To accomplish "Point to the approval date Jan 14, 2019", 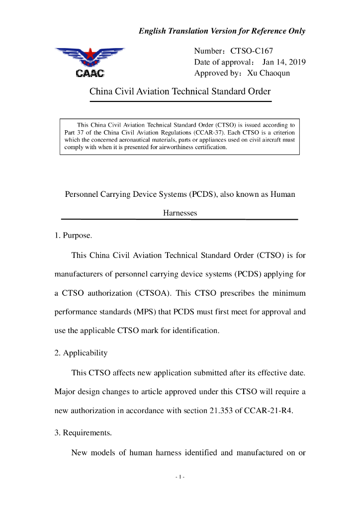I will pyautogui.click(x=284, y=62).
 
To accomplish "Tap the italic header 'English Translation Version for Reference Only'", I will pyautogui.click(x=222, y=31).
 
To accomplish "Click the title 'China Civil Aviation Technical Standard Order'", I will pyautogui.click(x=180, y=91).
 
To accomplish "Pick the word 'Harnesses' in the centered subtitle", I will pyautogui.click(x=180, y=213).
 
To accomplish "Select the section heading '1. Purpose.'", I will pyautogui.click(x=73, y=236).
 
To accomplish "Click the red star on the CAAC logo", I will pyautogui.click(x=90, y=53).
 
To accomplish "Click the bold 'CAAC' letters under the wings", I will pyautogui.click(x=90, y=74).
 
